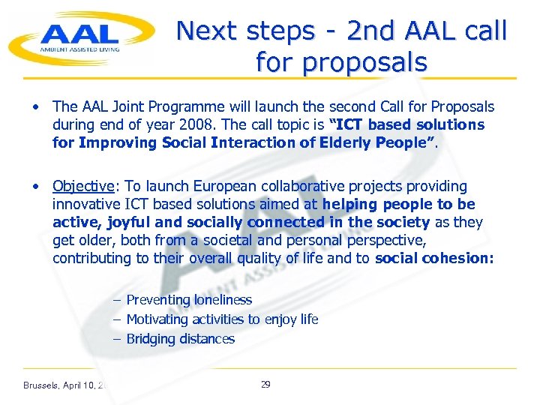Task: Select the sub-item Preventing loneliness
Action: [x=189, y=300]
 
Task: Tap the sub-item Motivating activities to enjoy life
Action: [x=222, y=319]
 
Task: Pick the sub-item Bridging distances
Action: [x=180, y=339]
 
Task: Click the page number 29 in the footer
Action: [x=265, y=385]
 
